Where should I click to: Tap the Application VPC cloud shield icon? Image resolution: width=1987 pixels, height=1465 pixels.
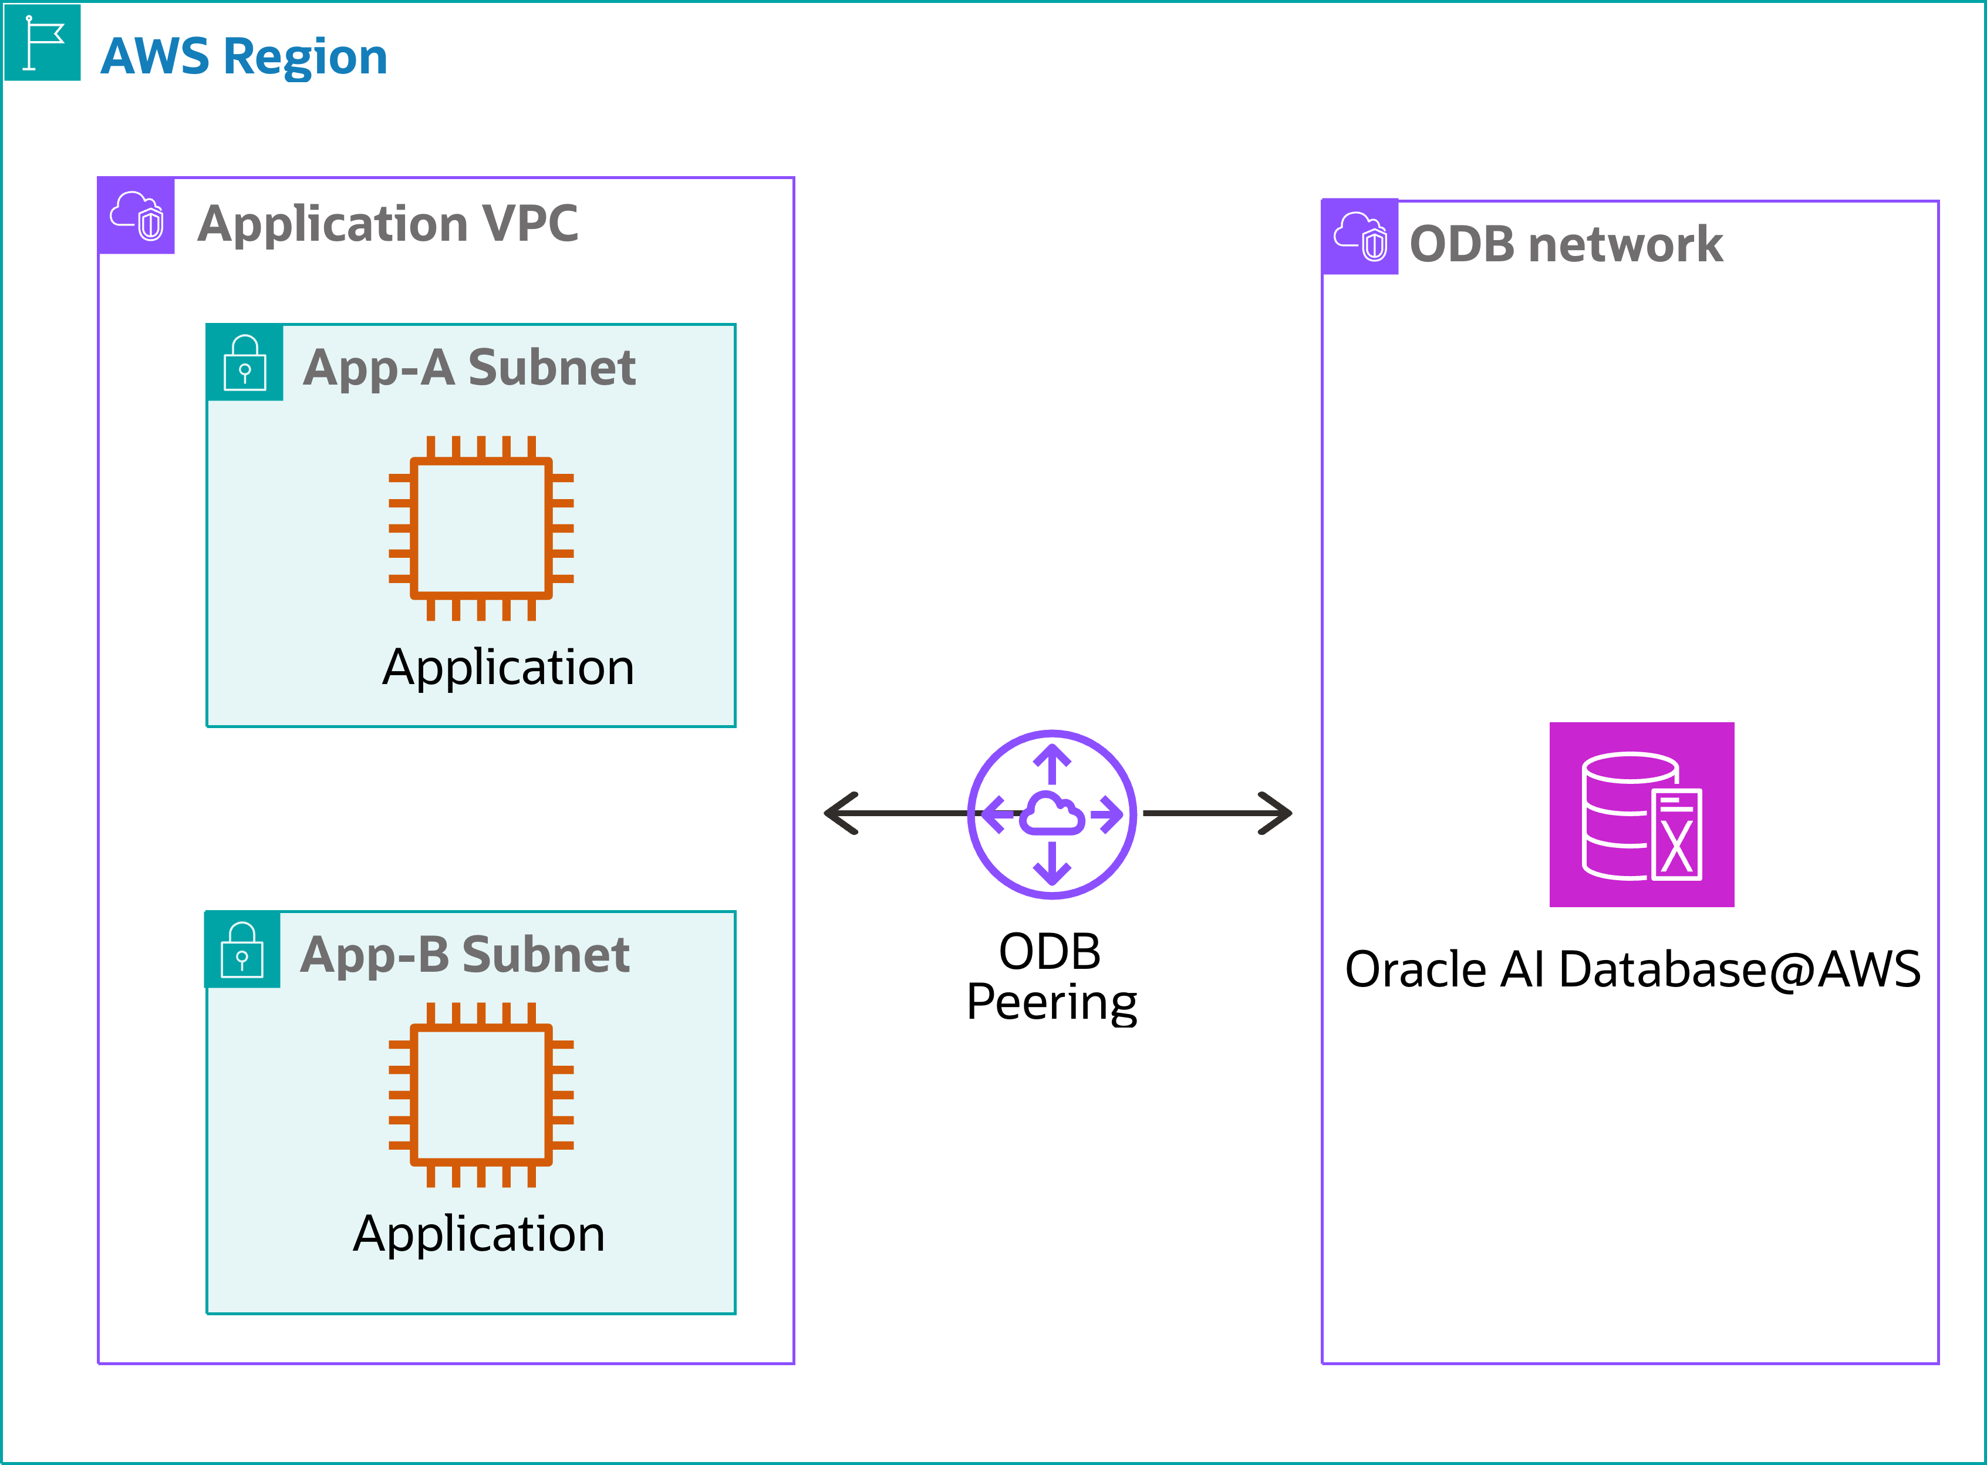(137, 215)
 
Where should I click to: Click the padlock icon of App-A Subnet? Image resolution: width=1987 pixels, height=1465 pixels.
(245, 363)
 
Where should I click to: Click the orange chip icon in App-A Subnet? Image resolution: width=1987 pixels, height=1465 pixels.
(481, 528)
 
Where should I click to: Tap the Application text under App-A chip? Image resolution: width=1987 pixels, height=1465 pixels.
(508, 667)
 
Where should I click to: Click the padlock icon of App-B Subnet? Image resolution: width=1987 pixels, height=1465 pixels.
(242, 950)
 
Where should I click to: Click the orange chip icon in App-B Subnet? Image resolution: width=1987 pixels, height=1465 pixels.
(481, 1095)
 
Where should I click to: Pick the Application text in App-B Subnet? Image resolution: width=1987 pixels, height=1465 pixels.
(479, 1234)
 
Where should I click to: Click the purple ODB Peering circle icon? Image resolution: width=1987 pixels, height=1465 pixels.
(1051, 814)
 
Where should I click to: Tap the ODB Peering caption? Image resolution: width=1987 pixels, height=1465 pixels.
(1051, 976)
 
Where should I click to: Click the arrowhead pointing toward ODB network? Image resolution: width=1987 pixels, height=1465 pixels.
(1275, 813)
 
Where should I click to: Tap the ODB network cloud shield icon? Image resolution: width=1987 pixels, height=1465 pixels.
(1360, 237)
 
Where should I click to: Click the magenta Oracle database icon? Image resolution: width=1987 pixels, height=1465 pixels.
(1641, 814)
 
